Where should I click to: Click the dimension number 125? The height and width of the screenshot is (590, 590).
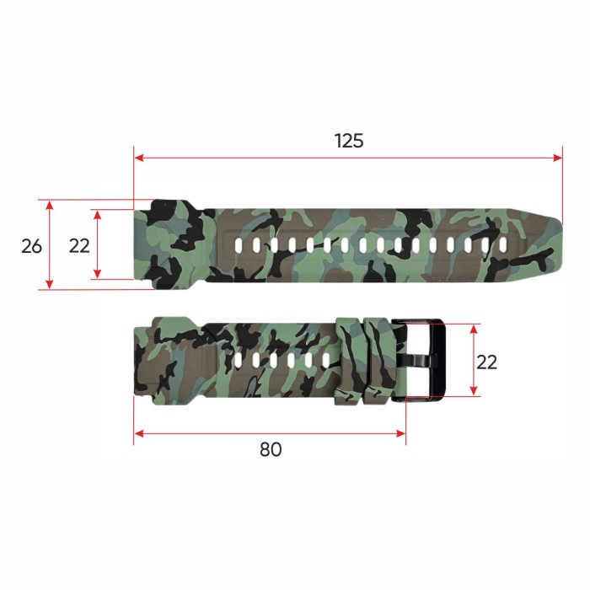point(348,141)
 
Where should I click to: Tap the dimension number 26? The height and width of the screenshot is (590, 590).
point(31,246)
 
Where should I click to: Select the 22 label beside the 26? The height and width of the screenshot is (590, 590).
point(79,246)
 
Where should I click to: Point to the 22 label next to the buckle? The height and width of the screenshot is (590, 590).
point(486,362)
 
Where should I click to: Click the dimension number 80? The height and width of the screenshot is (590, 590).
point(271,449)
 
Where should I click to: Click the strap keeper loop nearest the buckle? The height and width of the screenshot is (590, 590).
point(378,360)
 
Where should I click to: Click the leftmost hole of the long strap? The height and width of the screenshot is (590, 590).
point(239,245)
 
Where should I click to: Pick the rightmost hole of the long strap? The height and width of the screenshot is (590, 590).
point(502,245)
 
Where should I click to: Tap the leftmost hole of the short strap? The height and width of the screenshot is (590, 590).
point(239,361)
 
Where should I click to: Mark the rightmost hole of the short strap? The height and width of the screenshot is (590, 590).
point(325,361)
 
